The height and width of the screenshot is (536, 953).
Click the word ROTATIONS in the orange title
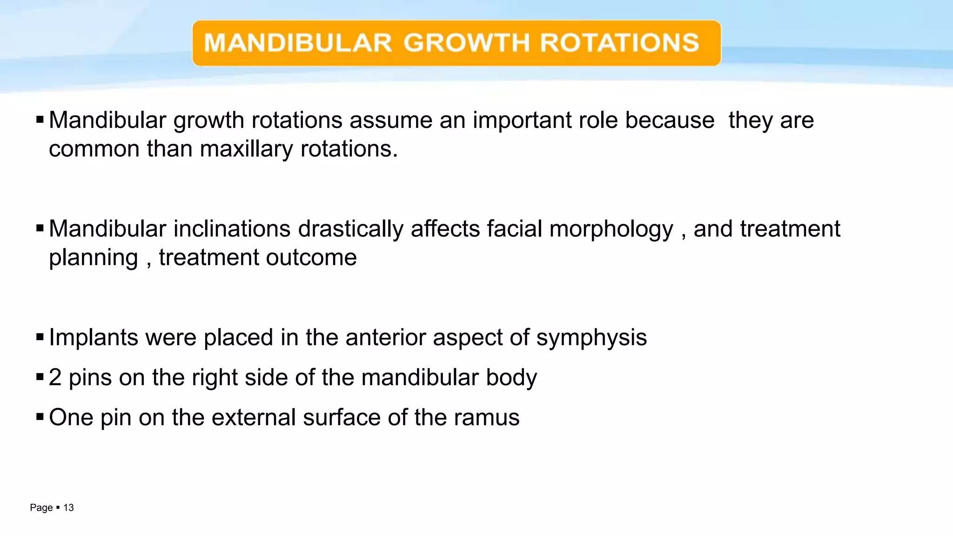click(619, 43)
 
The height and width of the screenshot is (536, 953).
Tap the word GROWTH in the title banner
click(466, 43)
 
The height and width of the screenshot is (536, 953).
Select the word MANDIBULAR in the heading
click(298, 43)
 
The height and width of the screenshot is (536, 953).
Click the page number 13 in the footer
click(68, 508)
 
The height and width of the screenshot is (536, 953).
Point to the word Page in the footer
click(41, 508)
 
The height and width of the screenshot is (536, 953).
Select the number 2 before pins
click(55, 377)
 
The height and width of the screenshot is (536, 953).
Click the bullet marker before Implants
click(40, 337)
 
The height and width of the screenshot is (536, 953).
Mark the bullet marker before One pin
click(40, 416)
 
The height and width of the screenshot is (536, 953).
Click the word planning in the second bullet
click(94, 258)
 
